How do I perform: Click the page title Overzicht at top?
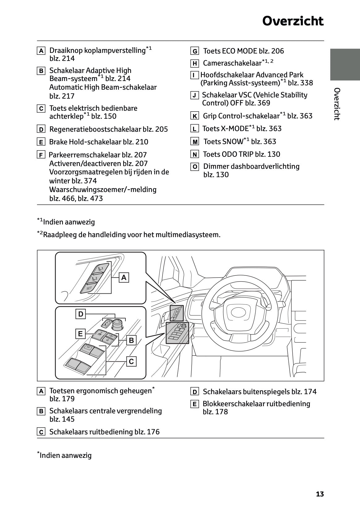pyautogui.click(x=293, y=21)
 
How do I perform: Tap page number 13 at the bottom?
pyautogui.click(x=320, y=494)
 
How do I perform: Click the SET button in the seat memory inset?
pyautogui.click(x=89, y=288)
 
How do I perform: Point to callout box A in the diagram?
pyautogui.click(x=124, y=278)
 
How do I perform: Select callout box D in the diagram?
pyautogui.click(x=81, y=314)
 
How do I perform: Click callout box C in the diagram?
pyautogui.click(x=131, y=361)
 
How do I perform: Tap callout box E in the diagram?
pyautogui.click(x=80, y=334)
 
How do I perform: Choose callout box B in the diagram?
pyautogui.click(x=131, y=340)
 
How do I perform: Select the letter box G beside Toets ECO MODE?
pyautogui.click(x=195, y=51)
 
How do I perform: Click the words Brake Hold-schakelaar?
pyautogui.click(x=85, y=142)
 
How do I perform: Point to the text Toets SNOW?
pyautogui.click(x=223, y=142)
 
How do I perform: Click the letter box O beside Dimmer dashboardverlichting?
pyautogui.click(x=195, y=167)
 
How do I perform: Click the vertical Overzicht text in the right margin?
pyautogui.click(x=337, y=104)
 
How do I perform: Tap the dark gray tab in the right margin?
pyautogui.click(x=345, y=64)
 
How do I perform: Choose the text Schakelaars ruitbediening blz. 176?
pyautogui.click(x=104, y=432)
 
